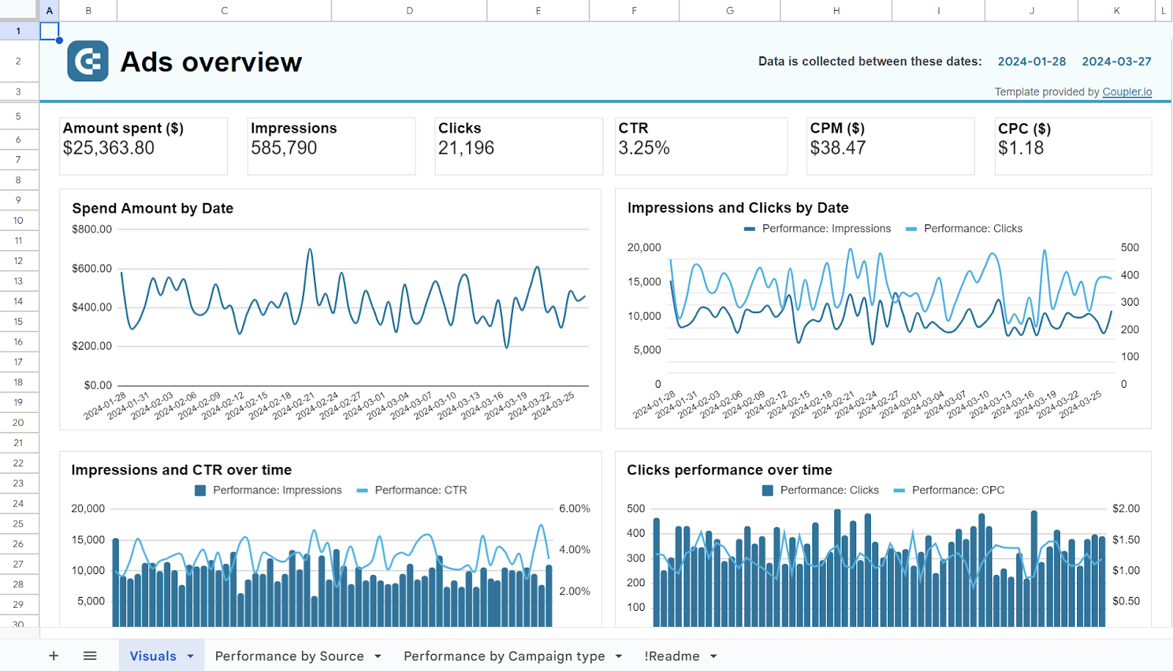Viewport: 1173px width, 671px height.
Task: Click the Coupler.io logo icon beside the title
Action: coord(88,62)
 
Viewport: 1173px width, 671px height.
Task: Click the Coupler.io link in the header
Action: coord(1127,92)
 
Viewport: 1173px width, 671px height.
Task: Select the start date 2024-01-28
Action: coord(1032,62)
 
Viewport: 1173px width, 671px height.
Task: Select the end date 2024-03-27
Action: coord(1117,62)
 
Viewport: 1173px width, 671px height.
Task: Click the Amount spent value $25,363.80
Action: coord(109,148)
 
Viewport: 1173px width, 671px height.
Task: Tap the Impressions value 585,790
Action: coord(284,148)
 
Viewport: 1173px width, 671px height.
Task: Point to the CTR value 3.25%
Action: coord(644,148)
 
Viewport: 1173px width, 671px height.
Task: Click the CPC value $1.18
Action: coord(1021,148)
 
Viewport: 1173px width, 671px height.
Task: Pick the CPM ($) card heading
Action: coord(837,128)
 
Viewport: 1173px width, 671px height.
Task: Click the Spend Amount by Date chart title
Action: coord(152,208)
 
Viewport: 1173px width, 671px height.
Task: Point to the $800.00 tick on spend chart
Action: coord(92,230)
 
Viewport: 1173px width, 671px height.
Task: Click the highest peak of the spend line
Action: coord(310,250)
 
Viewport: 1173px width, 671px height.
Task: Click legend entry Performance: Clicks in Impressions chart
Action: coord(972,229)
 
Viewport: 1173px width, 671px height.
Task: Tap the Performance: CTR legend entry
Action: coord(420,490)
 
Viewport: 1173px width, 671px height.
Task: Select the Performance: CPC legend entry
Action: coord(957,490)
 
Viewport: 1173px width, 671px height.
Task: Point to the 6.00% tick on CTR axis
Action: coord(574,508)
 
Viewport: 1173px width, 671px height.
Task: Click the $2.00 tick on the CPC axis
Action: coord(1125,508)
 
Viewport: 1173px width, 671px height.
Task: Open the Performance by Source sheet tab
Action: coord(289,656)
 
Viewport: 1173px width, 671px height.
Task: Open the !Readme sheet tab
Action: coord(672,656)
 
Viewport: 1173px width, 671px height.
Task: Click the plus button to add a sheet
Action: coord(54,656)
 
